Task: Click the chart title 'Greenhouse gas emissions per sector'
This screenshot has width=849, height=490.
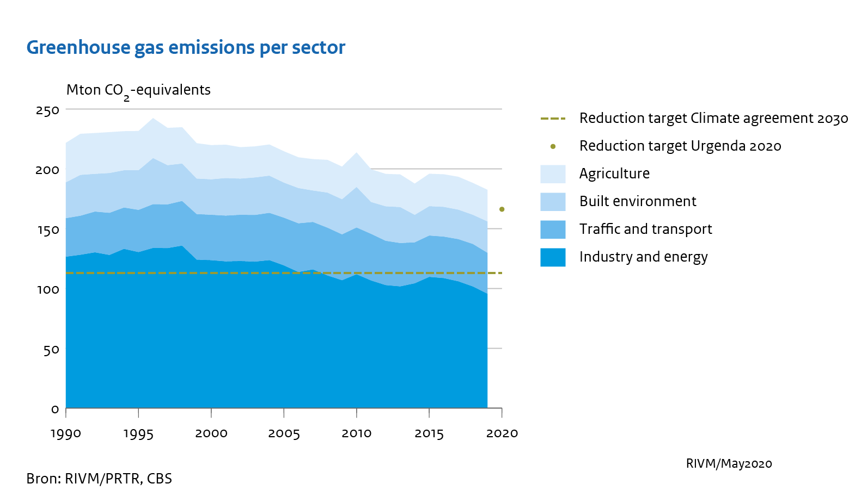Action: tap(186, 48)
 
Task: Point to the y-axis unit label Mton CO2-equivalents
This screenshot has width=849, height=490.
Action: tap(138, 90)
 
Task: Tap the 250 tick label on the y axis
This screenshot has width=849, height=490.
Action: tap(47, 110)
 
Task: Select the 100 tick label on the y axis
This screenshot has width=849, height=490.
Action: tap(47, 289)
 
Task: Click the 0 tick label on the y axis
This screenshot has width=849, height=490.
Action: tap(54, 409)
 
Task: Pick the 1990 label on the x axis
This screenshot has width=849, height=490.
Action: tap(66, 433)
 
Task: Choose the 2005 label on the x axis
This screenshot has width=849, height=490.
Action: tap(284, 433)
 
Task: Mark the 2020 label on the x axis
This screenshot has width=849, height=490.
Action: tap(502, 433)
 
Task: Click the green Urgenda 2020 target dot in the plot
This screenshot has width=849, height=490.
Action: tap(502, 209)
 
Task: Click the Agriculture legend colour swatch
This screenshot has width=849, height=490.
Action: tap(553, 174)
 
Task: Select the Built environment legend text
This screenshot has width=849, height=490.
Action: tap(638, 202)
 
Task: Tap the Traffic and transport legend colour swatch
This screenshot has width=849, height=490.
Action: tap(553, 230)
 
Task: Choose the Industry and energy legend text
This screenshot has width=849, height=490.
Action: tap(643, 257)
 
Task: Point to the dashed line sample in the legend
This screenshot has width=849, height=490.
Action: tap(553, 119)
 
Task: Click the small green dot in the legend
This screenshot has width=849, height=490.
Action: tap(553, 146)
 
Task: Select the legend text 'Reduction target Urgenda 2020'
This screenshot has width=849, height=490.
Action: tap(680, 146)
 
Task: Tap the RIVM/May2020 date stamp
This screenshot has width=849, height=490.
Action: tap(729, 464)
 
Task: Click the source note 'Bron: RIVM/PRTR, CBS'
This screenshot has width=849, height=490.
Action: tap(99, 479)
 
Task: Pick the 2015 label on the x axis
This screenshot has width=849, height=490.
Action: tap(429, 433)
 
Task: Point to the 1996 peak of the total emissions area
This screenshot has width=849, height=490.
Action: tap(153, 119)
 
